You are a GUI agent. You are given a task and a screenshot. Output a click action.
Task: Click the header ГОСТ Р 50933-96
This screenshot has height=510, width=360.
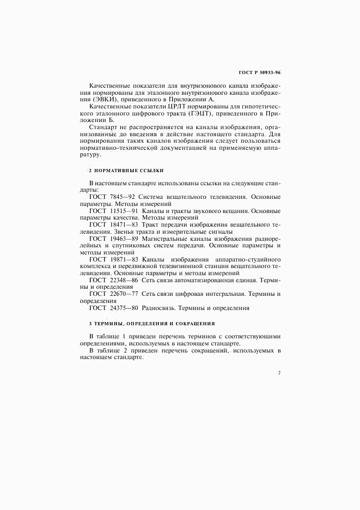[x=260, y=72]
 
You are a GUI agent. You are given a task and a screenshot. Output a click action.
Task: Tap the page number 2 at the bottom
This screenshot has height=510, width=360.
[x=279, y=373]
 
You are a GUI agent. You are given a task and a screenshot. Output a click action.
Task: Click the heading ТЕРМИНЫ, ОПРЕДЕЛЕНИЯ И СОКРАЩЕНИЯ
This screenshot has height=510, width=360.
[x=153, y=323]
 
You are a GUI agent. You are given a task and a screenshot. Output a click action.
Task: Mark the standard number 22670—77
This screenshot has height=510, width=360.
[x=125, y=294]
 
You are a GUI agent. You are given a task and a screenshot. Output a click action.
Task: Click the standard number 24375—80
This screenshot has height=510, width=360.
[x=125, y=308]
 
